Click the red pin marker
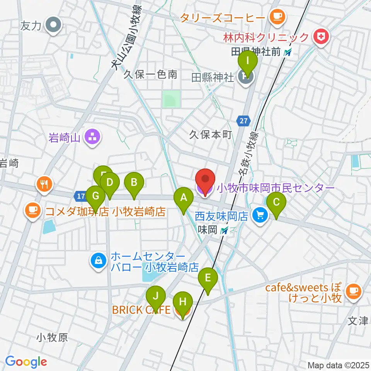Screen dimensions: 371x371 pyautogui.click(x=205, y=180)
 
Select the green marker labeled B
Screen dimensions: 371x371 pyautogui.click(x=134, y=182)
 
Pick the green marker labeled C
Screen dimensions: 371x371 pyautogui.click(x=276, y=202)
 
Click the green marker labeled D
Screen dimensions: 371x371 pyautogui.click(x=110, y=182)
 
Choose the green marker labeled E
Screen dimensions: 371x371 pyautogui.click(x=208, y=278)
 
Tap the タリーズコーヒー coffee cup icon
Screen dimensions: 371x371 pyautogui.click(x=277, y=16)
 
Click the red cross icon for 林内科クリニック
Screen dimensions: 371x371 pyautogui.click(x=320, y=37)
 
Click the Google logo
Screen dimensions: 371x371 pyautogui.click(x=26, y=361)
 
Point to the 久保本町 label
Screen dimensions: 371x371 pyautogui.click(x=210, y=134)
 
